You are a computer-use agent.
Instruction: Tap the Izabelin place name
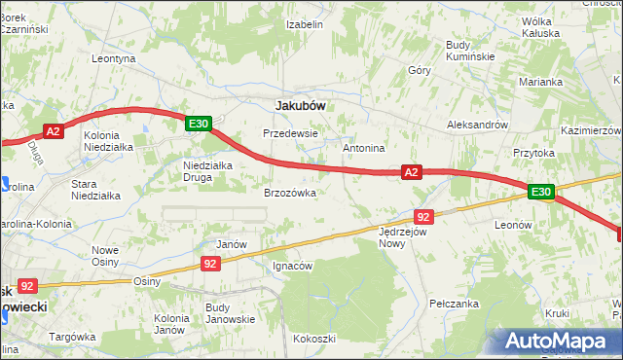click(x=305, y=24)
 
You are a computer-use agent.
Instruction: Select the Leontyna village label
click(x=113, y=58)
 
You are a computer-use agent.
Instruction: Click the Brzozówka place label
click(x=290, y=193)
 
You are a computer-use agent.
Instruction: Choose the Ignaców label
click(x=292, y=266)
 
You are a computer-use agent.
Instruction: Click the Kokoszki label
click(x=313, y=339)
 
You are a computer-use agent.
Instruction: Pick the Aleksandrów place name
click(x=477, y=126)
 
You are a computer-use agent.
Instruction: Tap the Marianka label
click(x=541, y=82)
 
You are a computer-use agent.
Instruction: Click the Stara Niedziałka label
click(x=96, y=189)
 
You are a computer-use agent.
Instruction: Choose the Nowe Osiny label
click(x=104, y=256)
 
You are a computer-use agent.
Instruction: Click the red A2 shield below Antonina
click(x=412, y=172)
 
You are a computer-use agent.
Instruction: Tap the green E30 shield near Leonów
click(x=542, y=193)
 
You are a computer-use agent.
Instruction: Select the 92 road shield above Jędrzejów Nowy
click(x=422, y=216)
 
